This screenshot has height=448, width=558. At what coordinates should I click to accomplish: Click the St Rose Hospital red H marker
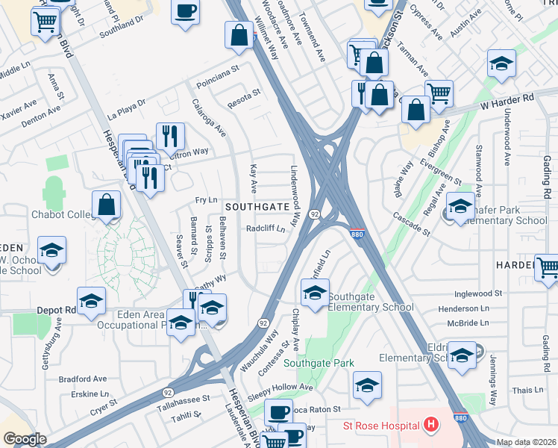430,426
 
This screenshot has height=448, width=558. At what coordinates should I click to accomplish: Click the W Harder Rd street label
508,99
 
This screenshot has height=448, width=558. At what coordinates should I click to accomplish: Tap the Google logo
25,439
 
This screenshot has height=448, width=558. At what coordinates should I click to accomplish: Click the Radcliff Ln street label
266,229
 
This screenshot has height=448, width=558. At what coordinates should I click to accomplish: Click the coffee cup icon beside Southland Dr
185,11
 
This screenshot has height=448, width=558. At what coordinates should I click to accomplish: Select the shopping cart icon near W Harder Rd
439,93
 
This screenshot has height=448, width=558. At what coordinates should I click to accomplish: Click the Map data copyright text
527,442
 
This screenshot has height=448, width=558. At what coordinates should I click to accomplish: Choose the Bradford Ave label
83,379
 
